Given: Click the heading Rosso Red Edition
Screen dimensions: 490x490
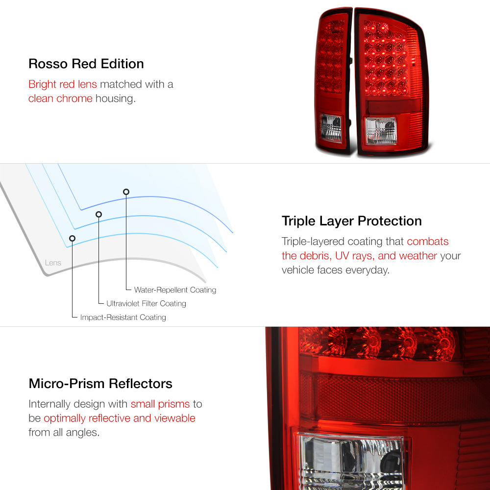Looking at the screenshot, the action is (86, 64).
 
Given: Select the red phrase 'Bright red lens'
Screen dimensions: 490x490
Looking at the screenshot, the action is (63, 84).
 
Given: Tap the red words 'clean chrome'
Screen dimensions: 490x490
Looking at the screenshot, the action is (60, 98).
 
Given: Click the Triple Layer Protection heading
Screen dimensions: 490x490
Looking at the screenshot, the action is (351, 221).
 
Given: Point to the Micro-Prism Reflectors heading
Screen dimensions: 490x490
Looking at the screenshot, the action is (100, 384).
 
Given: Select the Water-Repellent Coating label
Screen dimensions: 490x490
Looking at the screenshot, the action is (175, 290).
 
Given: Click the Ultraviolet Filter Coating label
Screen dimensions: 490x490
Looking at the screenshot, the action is (146, 303).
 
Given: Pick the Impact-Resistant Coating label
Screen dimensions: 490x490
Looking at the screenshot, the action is (123, 317).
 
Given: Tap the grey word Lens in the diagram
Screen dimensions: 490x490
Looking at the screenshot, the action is (53, 263).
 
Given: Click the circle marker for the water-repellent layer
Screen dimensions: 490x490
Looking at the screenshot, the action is (126, 192).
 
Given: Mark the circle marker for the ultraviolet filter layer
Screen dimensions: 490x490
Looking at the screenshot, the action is (99, 215).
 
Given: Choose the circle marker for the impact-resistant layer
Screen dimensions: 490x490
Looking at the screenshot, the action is (72, 239).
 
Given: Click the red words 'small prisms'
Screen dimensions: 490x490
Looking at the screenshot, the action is (160, 404).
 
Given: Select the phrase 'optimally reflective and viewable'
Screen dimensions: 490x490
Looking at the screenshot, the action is (120, 418).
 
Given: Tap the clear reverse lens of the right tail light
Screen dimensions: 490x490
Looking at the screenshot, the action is (381, 131).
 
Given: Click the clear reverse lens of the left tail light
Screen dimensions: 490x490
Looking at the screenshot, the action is (331, 128).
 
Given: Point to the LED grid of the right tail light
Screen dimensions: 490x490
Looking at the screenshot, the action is (386, 58).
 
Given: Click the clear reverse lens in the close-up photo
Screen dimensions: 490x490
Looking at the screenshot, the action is (351, 461).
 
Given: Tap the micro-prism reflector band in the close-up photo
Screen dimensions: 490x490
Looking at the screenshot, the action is (397, 398).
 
